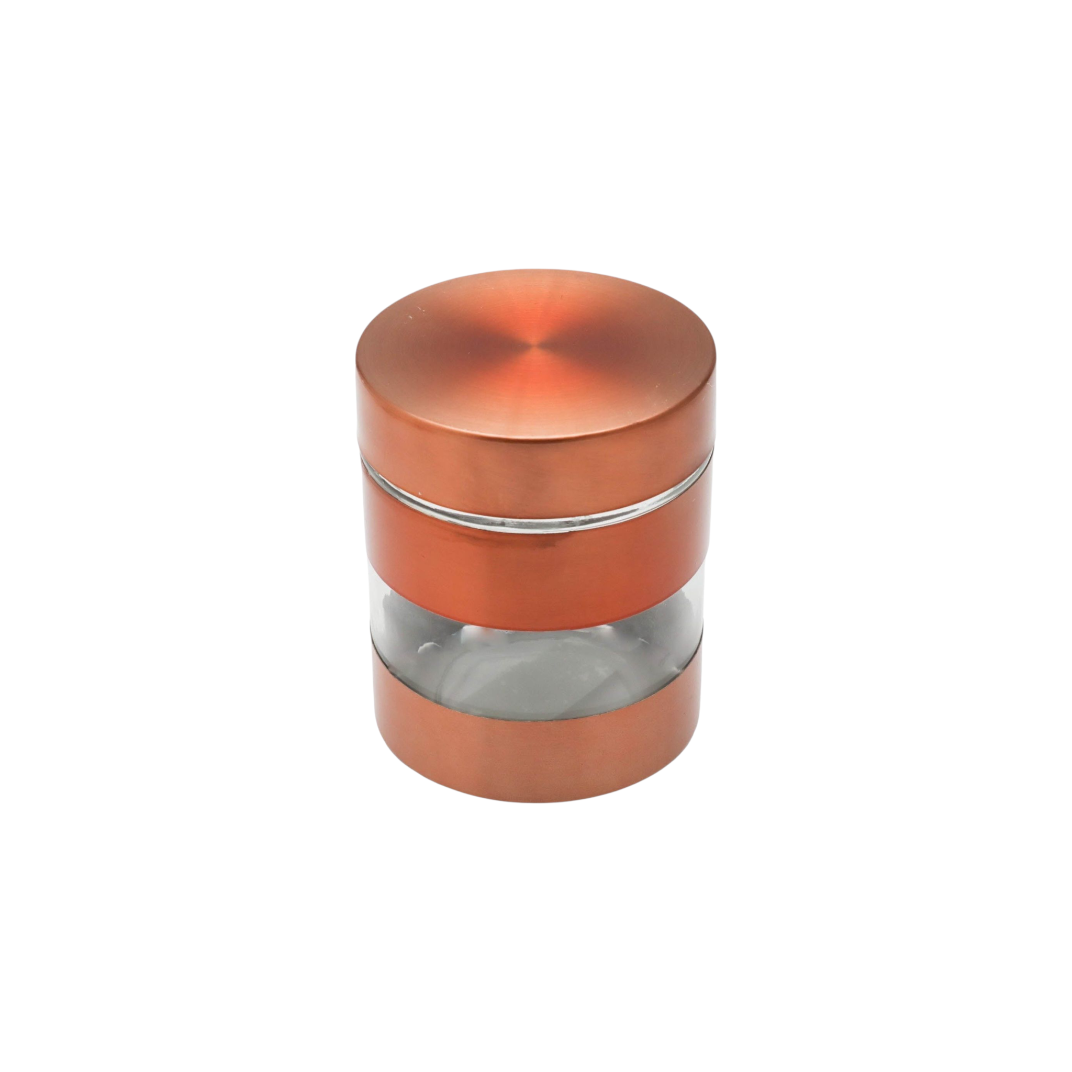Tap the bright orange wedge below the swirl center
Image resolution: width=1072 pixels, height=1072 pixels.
[535, 394]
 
